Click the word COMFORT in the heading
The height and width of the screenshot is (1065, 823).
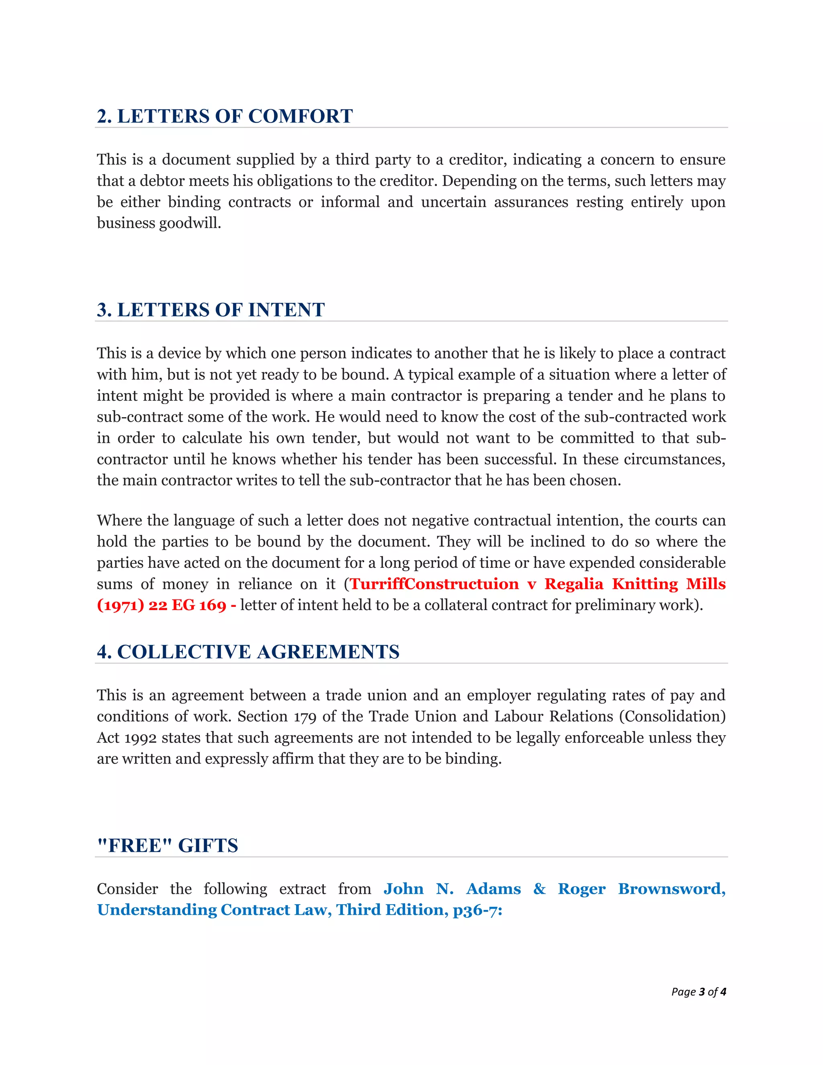tap(300, 116)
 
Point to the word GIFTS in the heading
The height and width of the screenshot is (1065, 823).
tap(208, 845)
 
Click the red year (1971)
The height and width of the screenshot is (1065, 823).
tap(121, 605)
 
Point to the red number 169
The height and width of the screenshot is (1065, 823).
tap(213, 605)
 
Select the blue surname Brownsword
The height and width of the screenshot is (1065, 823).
tap(672, 889)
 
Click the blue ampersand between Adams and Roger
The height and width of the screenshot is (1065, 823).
tap(539, 889)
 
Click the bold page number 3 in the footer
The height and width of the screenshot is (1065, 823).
tap(702, 991)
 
